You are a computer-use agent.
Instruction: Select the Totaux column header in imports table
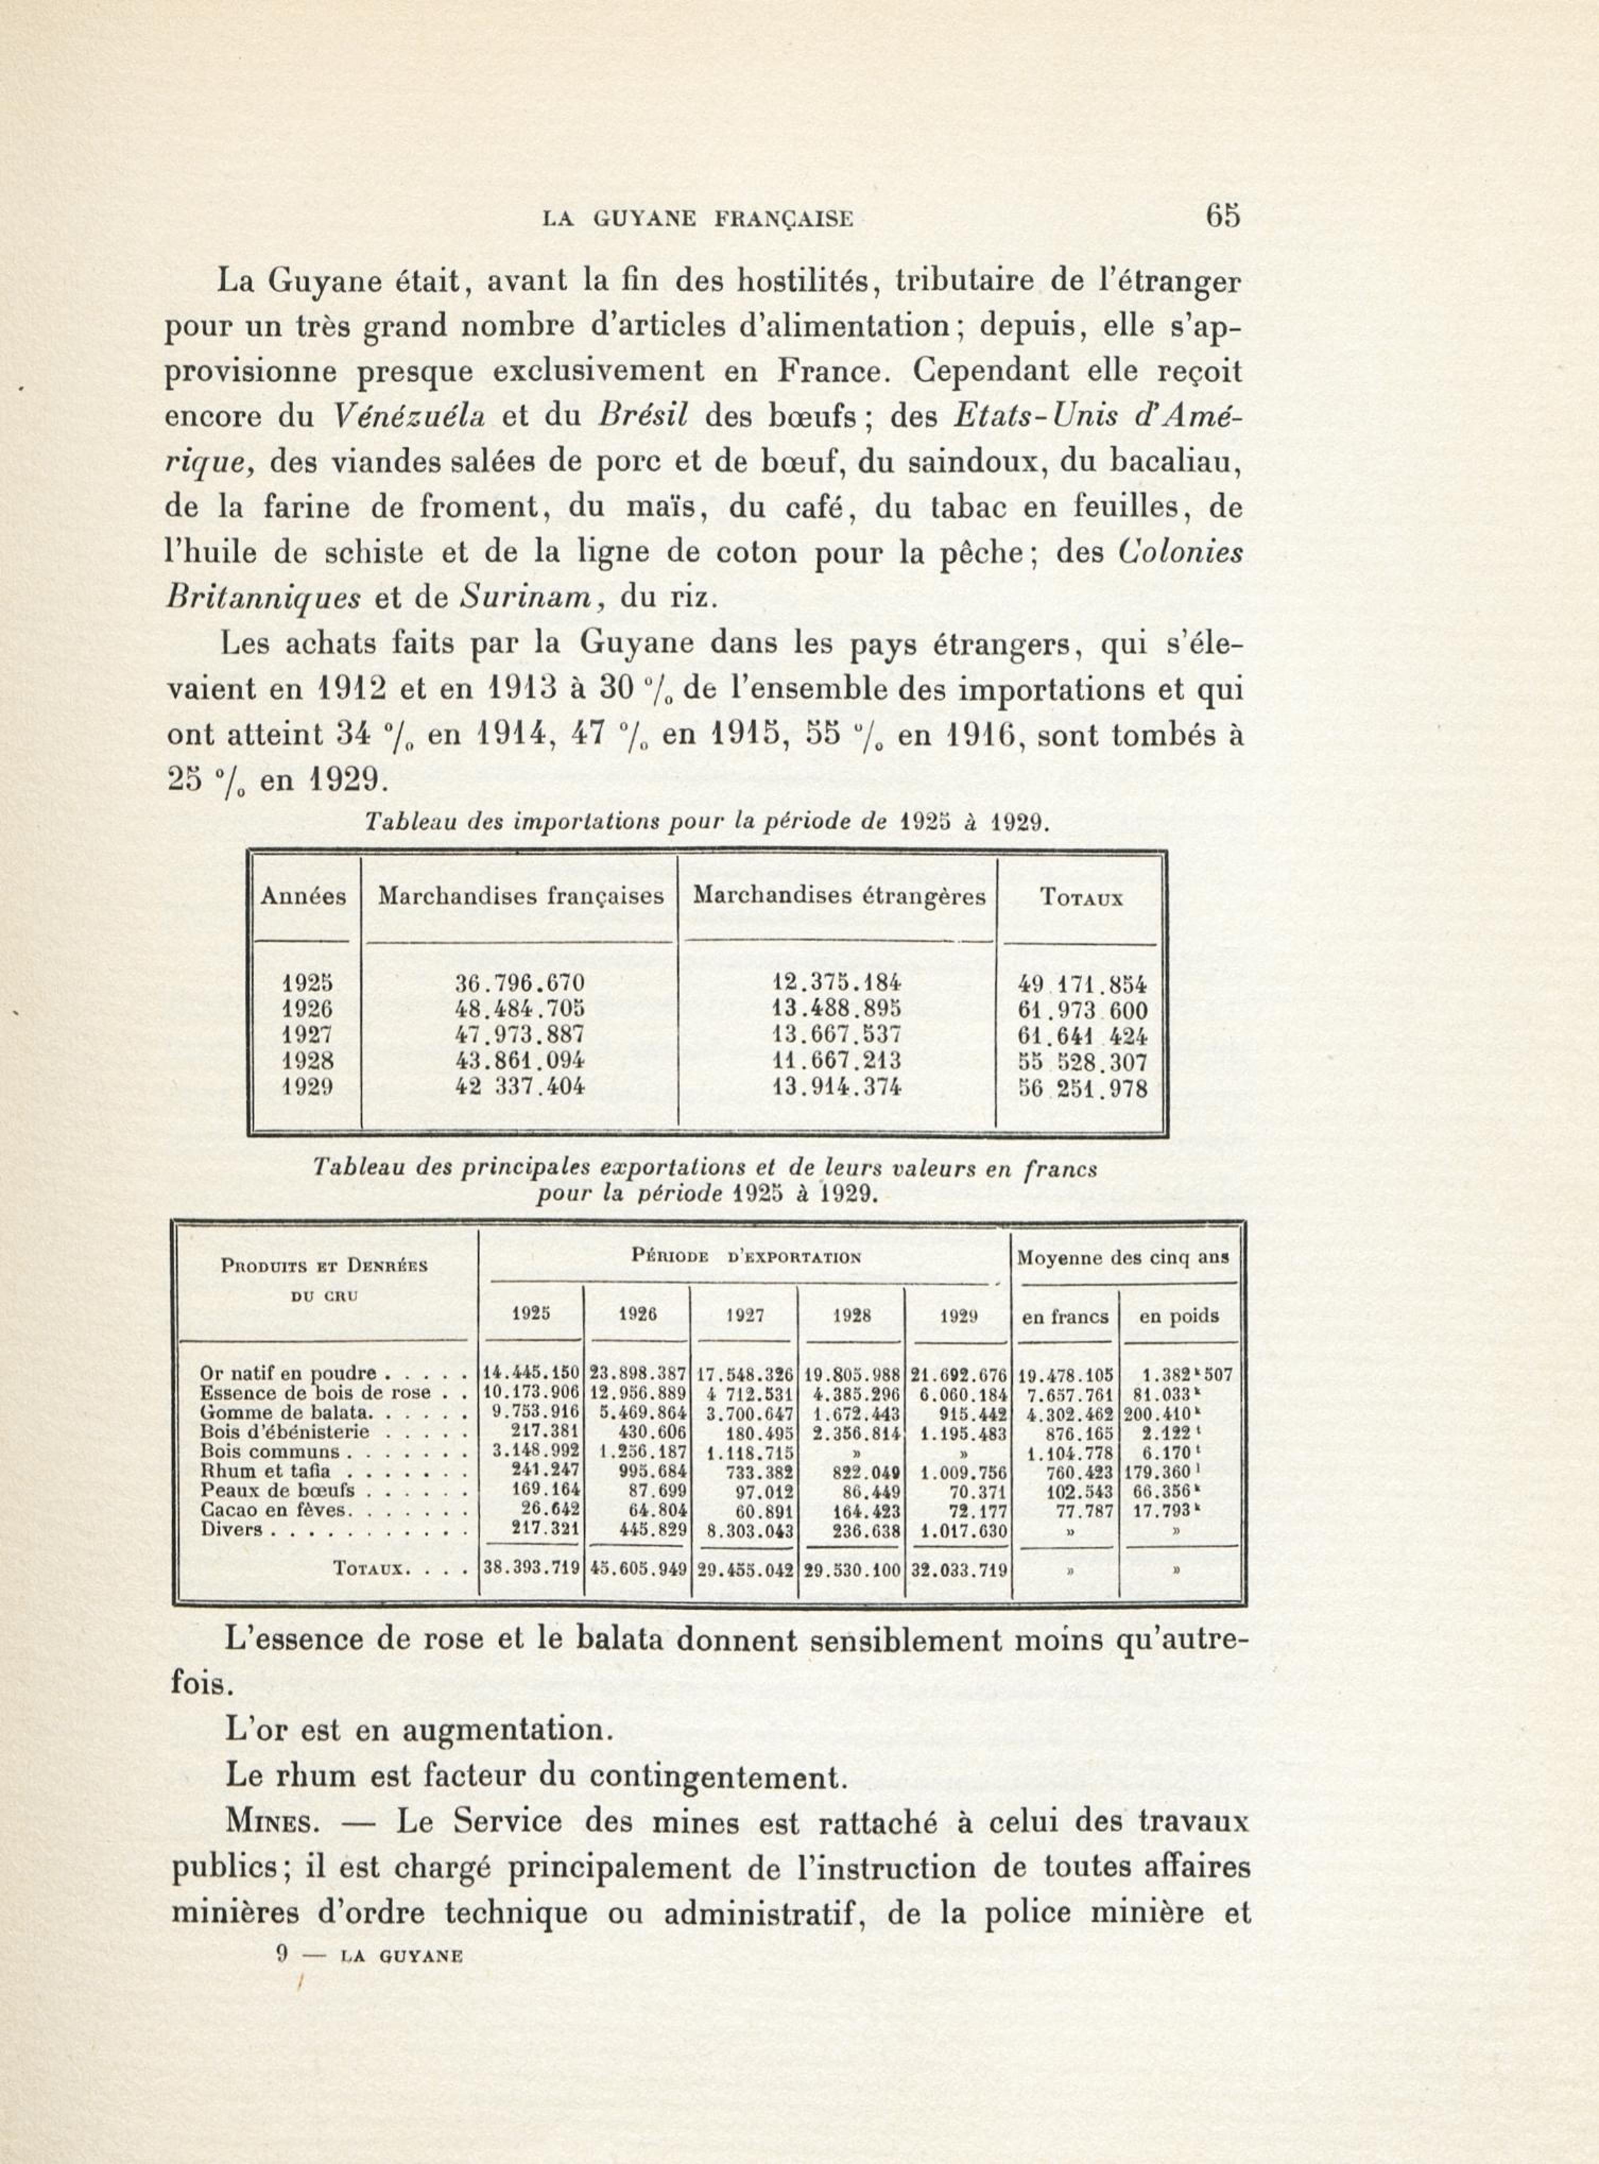(x=1081, y=897)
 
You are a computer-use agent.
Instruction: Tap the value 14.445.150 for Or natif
(x=530, y=1373)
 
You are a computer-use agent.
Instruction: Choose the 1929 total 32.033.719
(x=958, y=1572)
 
